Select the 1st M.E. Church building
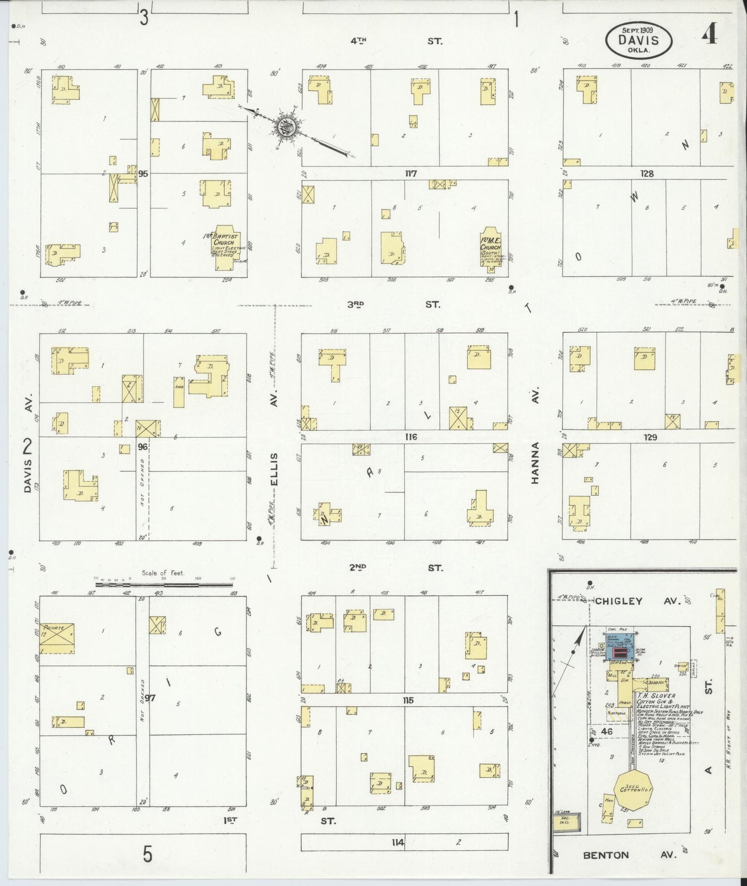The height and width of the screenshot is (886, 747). (491, 250)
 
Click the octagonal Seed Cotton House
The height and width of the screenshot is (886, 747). (633, 790)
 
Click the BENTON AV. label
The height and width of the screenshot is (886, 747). (629, 854)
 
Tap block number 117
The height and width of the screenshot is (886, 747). (411, 174)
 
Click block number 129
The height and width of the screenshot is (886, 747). (650, 437)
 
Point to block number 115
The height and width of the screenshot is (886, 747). (408, 700)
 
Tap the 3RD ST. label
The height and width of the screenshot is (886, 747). (394, 304)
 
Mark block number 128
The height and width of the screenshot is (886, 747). (647, 174)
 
